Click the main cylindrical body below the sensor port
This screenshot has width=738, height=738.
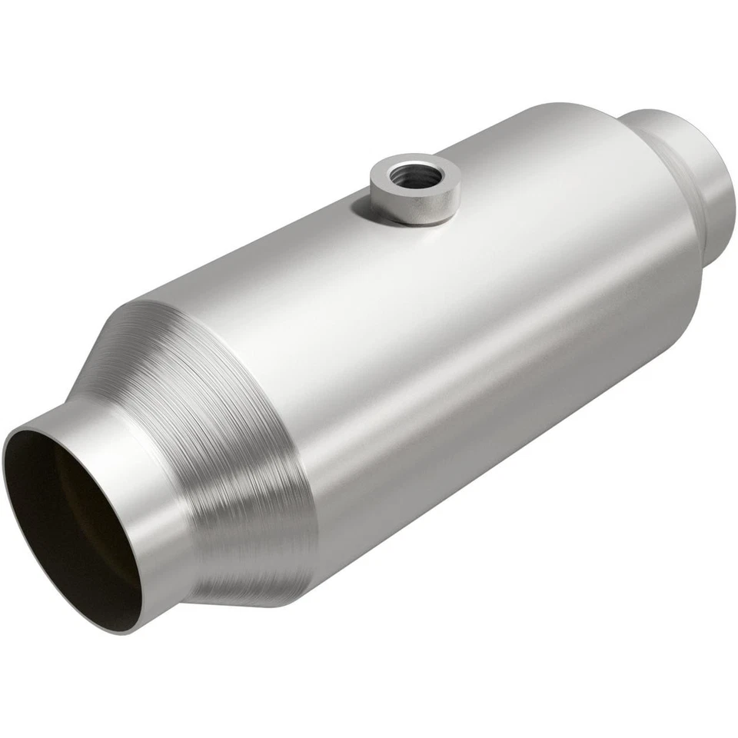[430, 323]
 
